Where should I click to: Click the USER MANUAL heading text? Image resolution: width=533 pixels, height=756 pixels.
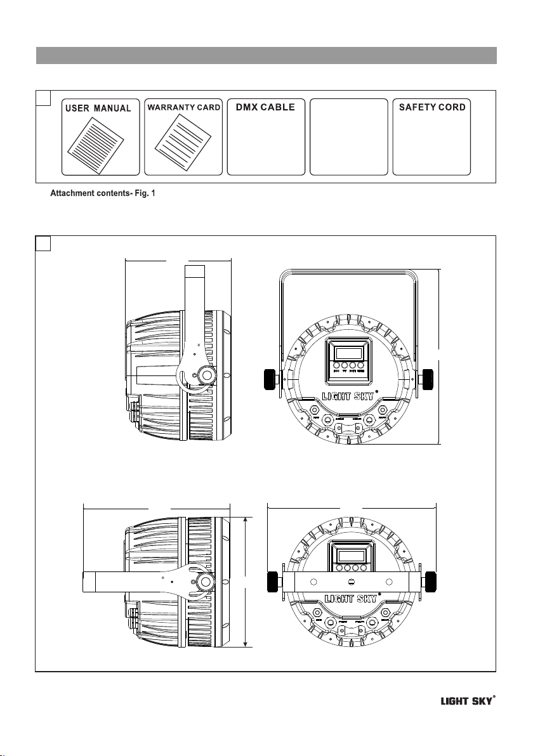(x=100, y=108)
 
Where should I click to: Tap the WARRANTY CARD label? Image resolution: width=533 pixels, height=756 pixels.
(x=183, y=108)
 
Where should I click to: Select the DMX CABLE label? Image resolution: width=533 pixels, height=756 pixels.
(x=265, y=108)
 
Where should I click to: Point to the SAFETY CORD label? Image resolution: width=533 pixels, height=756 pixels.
(x=431, y=108)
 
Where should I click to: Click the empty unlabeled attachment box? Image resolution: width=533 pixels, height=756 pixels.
(x=348, y=136)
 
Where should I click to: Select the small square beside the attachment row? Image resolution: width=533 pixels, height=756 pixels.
(x=43, y=98)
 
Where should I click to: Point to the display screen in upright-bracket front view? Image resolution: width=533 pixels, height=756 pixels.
(x=348, y=352)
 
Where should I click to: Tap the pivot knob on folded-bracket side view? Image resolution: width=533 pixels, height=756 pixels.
(x=205, y=582)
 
